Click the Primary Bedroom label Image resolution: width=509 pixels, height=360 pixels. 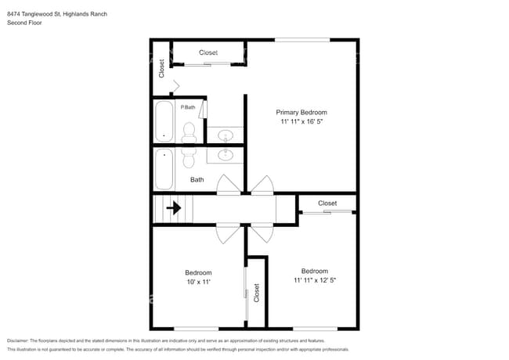tap(301, 112)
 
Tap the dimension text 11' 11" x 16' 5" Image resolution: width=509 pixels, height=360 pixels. tap(301, 122)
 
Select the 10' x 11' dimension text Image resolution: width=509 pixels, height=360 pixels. tap(197, 281)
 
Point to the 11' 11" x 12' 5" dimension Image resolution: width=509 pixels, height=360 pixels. tap(314, 280)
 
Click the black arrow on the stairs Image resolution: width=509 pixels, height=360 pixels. tap(173, 208)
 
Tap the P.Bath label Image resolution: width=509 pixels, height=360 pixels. tap(188, 107)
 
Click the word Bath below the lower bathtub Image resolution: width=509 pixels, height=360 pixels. tap(197, 179)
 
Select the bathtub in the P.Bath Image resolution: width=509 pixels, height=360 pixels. tap(164, 121)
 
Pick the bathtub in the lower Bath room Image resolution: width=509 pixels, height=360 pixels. tap(164, 169)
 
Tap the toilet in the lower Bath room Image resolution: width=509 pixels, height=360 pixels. tap(189, 157)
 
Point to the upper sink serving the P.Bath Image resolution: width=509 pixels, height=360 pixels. tap(225, 135)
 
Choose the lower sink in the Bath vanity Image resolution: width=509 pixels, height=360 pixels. tap(225, 156)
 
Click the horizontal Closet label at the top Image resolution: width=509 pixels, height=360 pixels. tap(208, 52)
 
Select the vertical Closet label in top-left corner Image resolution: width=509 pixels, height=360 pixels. tap(162, 69)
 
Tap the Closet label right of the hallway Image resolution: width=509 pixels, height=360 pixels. tap(327, 203)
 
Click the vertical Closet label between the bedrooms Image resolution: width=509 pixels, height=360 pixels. tap(256, 293)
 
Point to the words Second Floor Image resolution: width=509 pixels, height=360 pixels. tap(24, 23)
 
